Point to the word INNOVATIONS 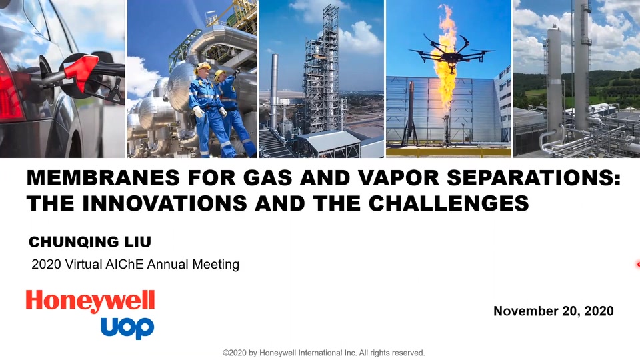tap(165, 203)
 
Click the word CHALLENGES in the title tap(449, 203)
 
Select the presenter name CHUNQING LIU tap(90, 241)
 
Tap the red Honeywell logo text tap(90, 301)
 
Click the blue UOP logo tap(127, 327)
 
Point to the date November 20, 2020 tap(553, 311)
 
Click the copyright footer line tap(324, 353)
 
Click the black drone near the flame tap(452, 51)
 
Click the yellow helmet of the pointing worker tap(220, 74)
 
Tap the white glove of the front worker tap(199, 111)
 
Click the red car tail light tap(9, 90)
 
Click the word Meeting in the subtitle tap(215, 265)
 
